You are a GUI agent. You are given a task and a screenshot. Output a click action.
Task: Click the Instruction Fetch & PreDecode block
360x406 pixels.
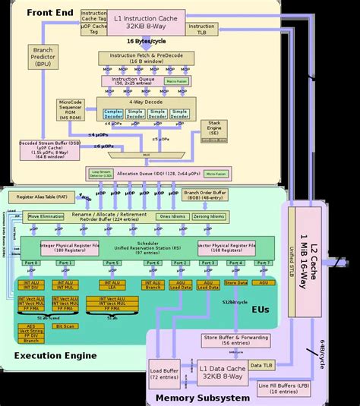134,58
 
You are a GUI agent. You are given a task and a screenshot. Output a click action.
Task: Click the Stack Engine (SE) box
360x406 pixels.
214,130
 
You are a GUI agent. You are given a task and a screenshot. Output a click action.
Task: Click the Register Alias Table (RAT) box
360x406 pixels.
42,196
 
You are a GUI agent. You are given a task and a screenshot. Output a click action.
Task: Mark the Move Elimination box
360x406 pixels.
47,216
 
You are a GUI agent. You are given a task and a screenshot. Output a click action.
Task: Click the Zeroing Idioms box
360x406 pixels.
208,216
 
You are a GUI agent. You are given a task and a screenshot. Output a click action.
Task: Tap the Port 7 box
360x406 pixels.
263,263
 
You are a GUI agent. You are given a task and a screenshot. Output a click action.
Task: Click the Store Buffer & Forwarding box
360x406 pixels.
226,340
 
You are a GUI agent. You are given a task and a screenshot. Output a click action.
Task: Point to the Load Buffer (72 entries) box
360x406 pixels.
165,373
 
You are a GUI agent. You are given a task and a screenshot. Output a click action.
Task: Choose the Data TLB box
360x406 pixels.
261,366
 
